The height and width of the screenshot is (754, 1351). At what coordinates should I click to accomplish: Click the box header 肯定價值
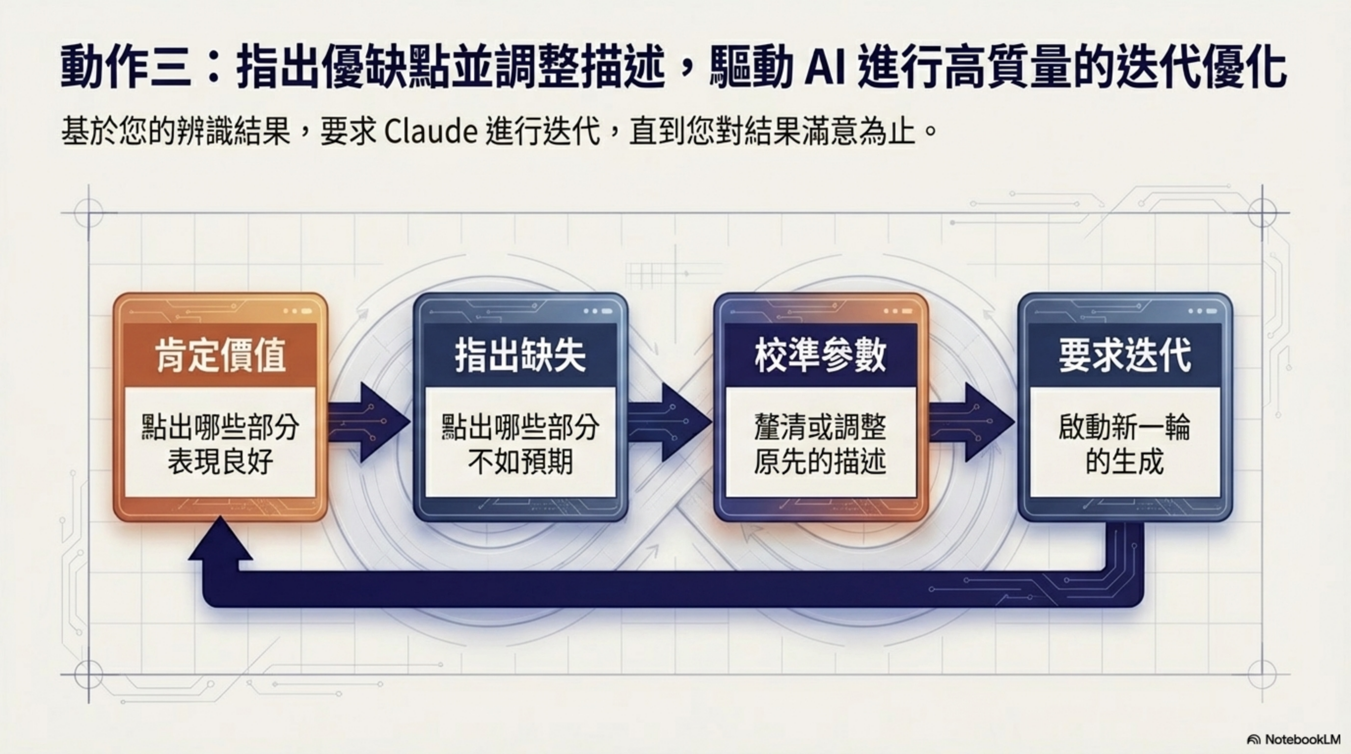click(220, 355)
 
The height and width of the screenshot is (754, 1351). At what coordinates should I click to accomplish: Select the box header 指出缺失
click(520, 355)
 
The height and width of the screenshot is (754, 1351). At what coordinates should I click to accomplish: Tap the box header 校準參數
click(820, 355)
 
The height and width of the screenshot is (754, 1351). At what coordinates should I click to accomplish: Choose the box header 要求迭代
click(1124, 355)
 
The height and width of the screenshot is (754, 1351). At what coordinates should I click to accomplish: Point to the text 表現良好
click(220, 461)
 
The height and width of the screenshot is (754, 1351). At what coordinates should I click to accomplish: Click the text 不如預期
click(520, 461)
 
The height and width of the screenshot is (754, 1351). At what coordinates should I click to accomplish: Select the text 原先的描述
click(820, 461)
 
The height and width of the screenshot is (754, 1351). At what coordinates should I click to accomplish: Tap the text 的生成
click(1124, 461)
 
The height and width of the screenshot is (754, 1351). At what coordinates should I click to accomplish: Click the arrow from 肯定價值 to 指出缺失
click(369, 422)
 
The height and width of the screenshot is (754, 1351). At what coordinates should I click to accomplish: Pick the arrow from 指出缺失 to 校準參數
click(670, 422)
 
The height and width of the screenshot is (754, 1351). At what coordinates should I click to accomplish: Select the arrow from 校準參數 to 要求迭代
click(972, 422)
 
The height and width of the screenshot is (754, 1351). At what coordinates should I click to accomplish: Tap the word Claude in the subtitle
click(431, 131)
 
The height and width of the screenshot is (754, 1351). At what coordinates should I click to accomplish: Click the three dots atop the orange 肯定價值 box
click(297, 311)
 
